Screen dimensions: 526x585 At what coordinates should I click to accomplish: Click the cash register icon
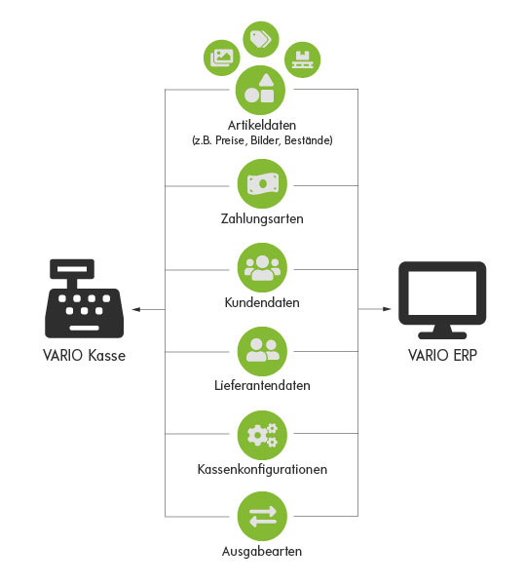click(84, 298)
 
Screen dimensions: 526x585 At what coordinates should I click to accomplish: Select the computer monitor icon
click(442, 300)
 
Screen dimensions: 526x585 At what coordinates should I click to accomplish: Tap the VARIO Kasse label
click(84, 355)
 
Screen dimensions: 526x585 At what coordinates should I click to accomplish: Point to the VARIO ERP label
click(442, 355)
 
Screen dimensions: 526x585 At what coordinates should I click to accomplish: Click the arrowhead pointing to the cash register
click(136, 309)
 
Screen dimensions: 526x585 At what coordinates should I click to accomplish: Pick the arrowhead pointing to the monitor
click(387, 309)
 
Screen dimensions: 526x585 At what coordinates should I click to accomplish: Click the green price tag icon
click(261, 39)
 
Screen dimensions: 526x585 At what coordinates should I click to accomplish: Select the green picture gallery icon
click(222, 58)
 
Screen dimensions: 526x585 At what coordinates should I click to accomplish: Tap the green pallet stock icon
click(302, 59)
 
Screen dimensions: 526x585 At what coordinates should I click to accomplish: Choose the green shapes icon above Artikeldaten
click(261, 90)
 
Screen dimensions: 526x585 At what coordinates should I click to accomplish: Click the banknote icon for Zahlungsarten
click(262, 184)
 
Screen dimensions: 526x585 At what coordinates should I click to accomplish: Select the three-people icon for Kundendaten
click(262, 268)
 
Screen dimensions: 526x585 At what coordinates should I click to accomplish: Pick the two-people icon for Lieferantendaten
click(262, 351)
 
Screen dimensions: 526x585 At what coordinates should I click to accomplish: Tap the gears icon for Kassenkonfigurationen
click(262, 435)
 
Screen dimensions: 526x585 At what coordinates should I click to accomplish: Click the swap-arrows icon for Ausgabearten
click(262, 517)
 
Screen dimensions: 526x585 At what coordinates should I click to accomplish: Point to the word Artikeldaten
click(262, 125)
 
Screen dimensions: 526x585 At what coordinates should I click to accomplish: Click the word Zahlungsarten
click(262, 218)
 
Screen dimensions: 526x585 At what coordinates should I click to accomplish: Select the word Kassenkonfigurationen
click(262, 469)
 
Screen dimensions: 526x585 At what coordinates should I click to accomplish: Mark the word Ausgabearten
click(262, 551)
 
